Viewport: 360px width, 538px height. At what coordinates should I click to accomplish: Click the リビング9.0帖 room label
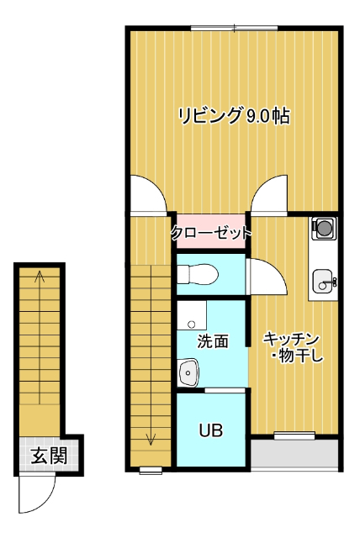233,116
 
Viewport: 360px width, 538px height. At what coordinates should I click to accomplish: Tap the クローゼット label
210,233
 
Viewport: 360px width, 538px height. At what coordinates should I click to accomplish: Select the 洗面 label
213,341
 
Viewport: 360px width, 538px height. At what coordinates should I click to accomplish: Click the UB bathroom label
210,431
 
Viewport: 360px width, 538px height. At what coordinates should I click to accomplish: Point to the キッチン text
291,339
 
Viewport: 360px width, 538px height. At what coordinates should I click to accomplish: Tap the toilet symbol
197,273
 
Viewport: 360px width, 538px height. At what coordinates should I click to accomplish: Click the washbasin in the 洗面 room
189,371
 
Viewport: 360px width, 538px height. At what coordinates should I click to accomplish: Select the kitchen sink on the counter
322,282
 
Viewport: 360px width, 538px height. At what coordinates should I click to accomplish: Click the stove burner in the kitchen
323,226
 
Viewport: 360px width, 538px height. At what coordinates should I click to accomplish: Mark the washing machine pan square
193,317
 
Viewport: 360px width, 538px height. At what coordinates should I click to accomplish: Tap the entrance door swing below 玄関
37,494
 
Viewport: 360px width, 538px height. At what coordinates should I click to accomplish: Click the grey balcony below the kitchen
294,455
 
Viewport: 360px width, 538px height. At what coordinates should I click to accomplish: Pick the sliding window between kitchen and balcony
294,435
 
